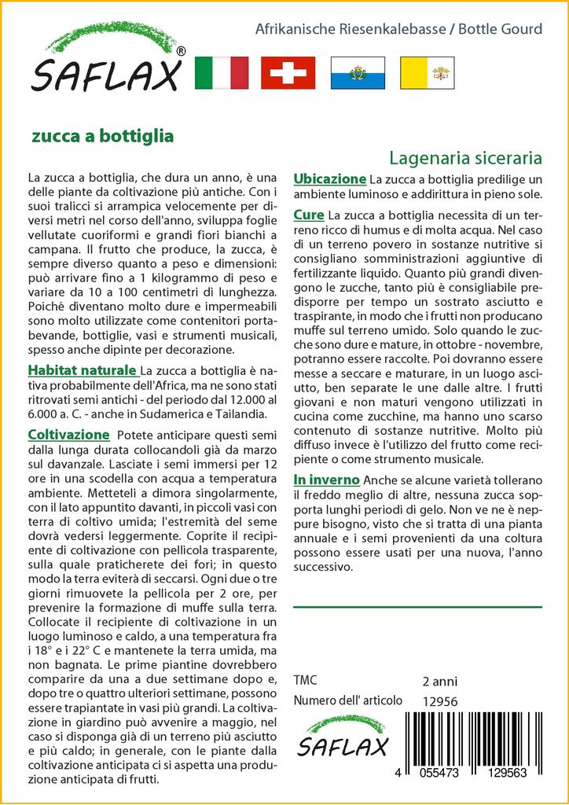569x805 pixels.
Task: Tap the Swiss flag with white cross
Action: pyautogui.click(x=288, y=73)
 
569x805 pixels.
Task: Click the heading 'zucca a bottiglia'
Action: pyautogui.click(x=102, y=135)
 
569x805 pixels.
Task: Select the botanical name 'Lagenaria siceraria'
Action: pyautogui.click(x=465, y=157)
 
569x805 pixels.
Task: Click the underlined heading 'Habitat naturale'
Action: pyautogui.click(x=83, y=369)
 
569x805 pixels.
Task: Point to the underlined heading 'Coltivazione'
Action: pyautogui.click(x=68, y=434)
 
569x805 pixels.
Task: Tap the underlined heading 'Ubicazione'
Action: pyautogui.click(x=329, y=178)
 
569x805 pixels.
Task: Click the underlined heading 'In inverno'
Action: pyautogui.click(x=326, y=480)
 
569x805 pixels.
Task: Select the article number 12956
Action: pyautogui.click(x=439, y=701)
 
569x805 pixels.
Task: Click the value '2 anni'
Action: pyautogui.click(x=439, y=681)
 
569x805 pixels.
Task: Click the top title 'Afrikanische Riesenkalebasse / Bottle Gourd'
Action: pyautogui.click(x=398, y=29)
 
